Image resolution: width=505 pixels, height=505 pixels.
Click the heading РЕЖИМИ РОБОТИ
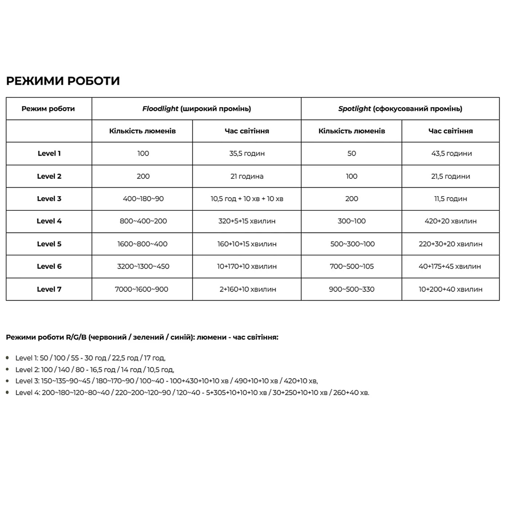pyautogui.click(x=63, y=81)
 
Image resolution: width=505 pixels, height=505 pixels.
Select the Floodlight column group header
pyautogui.click(x=197, y=109)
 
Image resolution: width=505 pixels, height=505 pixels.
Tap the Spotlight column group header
pyautogui.click(x=400, y=109)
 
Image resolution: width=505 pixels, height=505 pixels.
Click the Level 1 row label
pyautogui.click(x=49, y=154)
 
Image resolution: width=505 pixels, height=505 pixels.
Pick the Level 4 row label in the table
pyautogui.click(x=49, y=221)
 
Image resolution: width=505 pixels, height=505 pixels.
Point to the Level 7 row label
pyautogui.click(x=49, y=289)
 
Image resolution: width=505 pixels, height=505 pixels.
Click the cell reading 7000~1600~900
pyautogui.click(x=142, y=289)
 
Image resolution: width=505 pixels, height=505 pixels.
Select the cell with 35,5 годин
pyautogui.click(x=247, y=154)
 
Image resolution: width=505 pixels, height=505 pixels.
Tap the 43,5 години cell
pyautogui.click(x=451, y=154)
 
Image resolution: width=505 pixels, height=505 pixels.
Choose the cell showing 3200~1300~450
pyautogui.click(x=143, y=266)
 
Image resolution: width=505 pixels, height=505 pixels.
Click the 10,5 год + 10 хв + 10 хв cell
pyautogui.click(x=247, y=199)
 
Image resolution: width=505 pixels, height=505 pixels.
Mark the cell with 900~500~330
pyautogui.click(x=352, y=289)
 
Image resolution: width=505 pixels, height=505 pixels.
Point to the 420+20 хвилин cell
pyautogui.click(x=451, y=221)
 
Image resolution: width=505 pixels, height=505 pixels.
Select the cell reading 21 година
pyautogui.click(x=247, y=176)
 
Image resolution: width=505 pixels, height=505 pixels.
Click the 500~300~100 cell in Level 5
pyautogui.click(x=352, y=244)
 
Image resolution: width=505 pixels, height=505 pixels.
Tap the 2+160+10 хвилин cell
pyautogui.click(x=247, y=289)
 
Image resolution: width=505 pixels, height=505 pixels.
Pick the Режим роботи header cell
pyautogui.click(x=48, y=109)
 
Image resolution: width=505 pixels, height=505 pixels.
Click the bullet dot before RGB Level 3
pyautogui.click(x=8, y=381)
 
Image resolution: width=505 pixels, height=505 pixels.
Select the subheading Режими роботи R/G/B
pyautogui.click(x=142, y=337)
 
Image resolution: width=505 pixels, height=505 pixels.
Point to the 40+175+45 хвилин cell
pyautogui.click(x=450, y=266)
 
